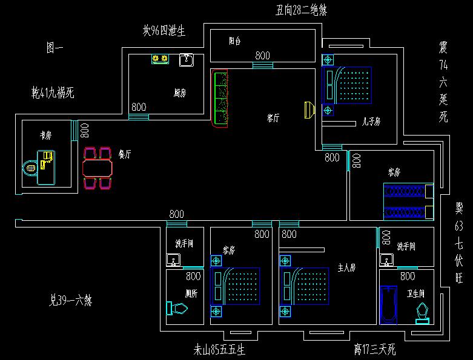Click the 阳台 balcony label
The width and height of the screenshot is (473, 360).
coord(234,42)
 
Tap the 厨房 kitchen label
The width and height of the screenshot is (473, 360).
coord(179,93)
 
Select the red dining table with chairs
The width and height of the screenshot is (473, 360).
coord(98,166)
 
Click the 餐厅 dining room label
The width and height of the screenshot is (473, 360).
coord(125,154)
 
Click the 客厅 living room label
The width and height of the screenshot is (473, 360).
coord(273,119)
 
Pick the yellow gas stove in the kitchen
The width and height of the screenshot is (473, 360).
coord(160,59)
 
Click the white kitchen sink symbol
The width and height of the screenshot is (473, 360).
coord(186,60)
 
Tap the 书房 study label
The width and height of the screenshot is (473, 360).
coord(45,136)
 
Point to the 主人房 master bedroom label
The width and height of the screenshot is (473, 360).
coord(346,266)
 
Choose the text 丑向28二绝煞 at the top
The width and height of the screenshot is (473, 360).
coord(302,10)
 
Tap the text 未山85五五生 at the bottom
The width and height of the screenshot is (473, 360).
coord(219,350)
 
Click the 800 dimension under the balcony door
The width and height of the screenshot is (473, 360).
coord(262,55)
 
